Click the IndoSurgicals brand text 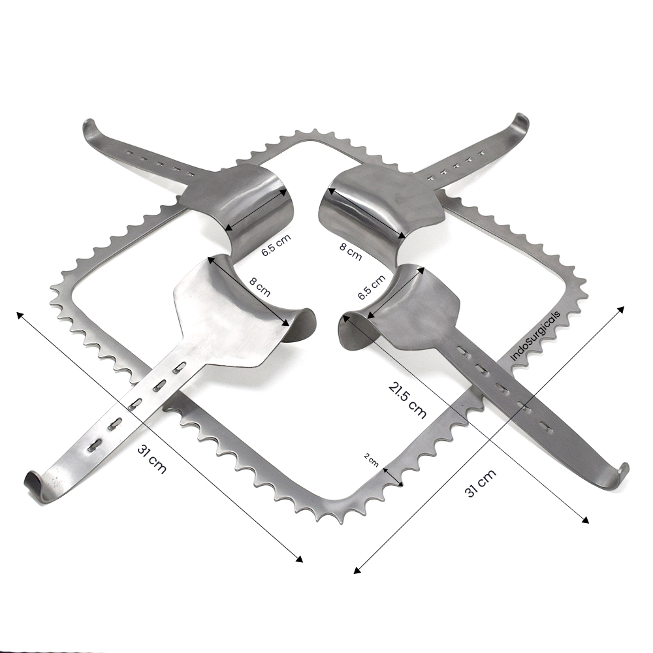(x=535, y=335)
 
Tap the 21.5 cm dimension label (x=407, y=400)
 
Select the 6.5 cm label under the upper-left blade (x=276, y=246)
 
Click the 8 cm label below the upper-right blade (x=350, y=252)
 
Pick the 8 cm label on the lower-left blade (x=260, y=287)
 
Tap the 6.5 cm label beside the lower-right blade (x=372, y=287)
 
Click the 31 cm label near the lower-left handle (x=151, y=459)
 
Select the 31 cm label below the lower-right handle (x=480, y=483)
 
